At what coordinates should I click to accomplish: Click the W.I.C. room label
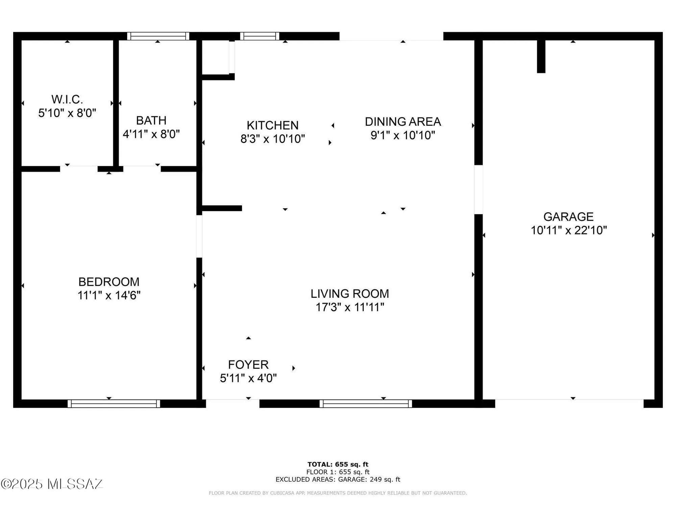(67, 99)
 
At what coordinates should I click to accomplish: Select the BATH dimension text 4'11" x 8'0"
(151, 134)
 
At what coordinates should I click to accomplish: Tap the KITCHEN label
(272, 125)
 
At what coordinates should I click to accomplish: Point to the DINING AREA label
(403, 122)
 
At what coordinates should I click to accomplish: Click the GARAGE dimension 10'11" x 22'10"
(569, 231)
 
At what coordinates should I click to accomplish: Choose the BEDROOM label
(109, 282)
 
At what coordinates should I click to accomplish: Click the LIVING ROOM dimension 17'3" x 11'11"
(350, 307)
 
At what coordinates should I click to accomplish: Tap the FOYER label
(248, 365)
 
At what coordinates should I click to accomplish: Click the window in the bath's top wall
(158, 36)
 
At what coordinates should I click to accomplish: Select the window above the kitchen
(260, 36)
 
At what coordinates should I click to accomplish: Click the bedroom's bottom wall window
(114, 404)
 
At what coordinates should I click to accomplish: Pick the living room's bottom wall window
(366, 404)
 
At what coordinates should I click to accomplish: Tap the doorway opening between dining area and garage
(478, 190)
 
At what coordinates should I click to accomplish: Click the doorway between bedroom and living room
(199, 236)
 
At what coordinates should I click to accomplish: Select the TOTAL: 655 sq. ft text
(338, 464)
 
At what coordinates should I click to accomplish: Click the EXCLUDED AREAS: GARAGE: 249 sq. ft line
(338, 479)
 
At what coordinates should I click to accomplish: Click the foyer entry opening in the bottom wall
(233, 403)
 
